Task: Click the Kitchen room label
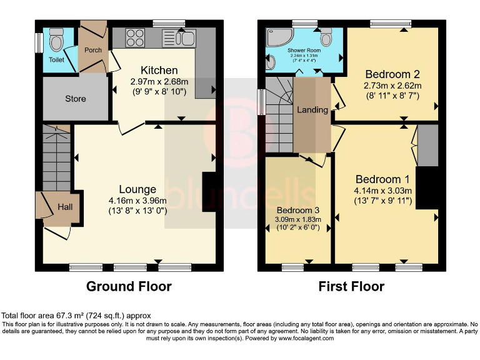(159, 70)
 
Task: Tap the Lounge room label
(137, 189)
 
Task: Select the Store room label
(75, 99)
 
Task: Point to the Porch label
(93, 50)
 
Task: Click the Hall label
(66, 207)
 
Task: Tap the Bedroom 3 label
(298, 209)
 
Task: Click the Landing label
(312, 110)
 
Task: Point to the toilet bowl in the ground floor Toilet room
(56, 42)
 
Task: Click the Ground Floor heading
(128, 286)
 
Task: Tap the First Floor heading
(351, 286)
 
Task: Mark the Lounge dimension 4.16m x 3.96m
(137, 201)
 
